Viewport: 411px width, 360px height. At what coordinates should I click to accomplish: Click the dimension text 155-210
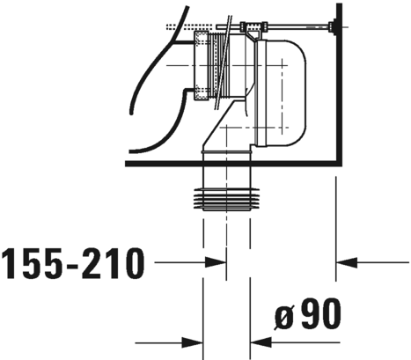pos(73,261)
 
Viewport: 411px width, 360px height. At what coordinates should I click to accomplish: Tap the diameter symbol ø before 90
pos(280,314)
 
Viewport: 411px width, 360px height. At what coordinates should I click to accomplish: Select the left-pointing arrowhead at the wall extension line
pos(346,261)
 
